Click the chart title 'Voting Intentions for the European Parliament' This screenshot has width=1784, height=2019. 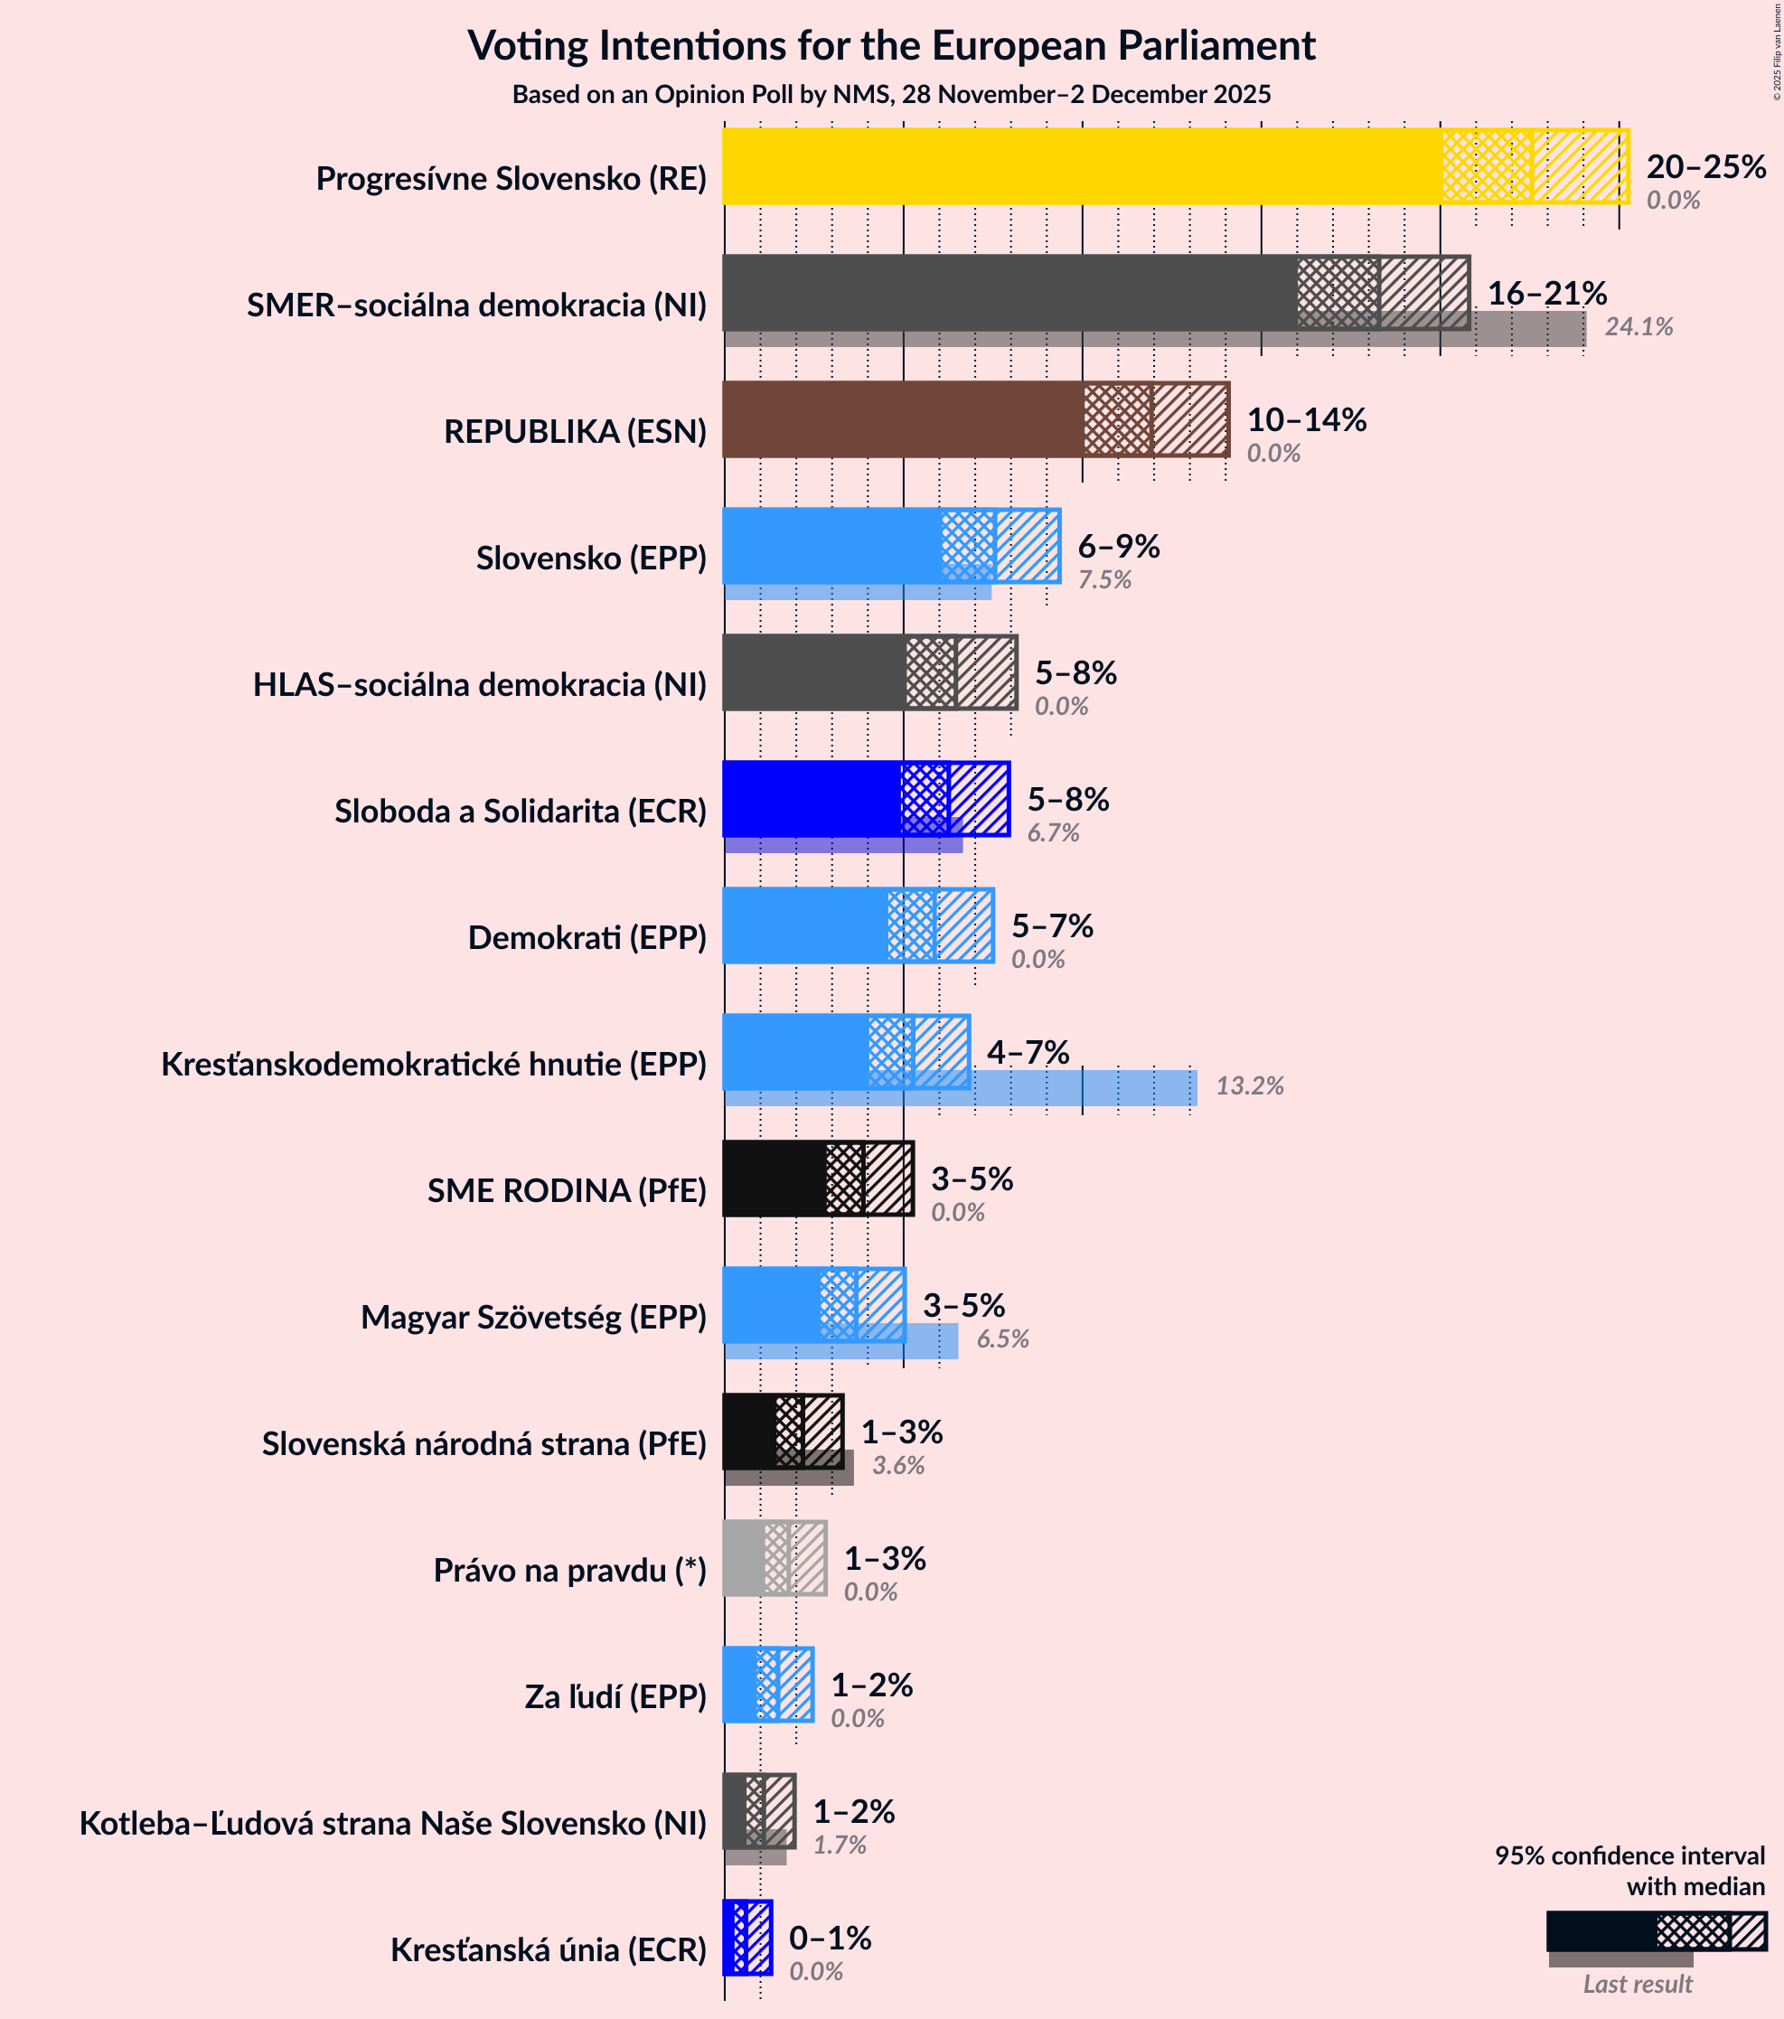click(891, 46)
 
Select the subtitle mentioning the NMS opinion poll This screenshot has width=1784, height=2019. click(891, 95)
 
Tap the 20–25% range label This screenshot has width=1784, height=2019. click(1705, 167)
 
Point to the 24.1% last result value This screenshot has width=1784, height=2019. click(1638, 327)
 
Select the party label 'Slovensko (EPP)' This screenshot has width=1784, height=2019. click(591, 559)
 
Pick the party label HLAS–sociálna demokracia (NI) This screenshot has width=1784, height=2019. click(479, 684)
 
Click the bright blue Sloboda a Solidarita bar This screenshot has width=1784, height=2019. click(810, 798)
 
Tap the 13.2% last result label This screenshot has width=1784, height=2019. click(1249, 1086)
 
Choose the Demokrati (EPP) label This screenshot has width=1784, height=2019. click(587, 937)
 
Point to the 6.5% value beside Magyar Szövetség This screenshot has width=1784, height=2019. click(1001, 1339)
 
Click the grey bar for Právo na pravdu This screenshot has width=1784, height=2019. click(743, 1558)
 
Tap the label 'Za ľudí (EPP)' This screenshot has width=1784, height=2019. click(615, 1697)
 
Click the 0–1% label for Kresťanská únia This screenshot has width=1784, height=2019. click(830, 1938)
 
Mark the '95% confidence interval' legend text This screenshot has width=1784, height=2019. click(1629, 1856)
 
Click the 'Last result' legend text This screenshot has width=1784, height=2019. click(1637, 1984)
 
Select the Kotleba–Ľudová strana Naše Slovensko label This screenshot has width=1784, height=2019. click(392, 1824)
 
